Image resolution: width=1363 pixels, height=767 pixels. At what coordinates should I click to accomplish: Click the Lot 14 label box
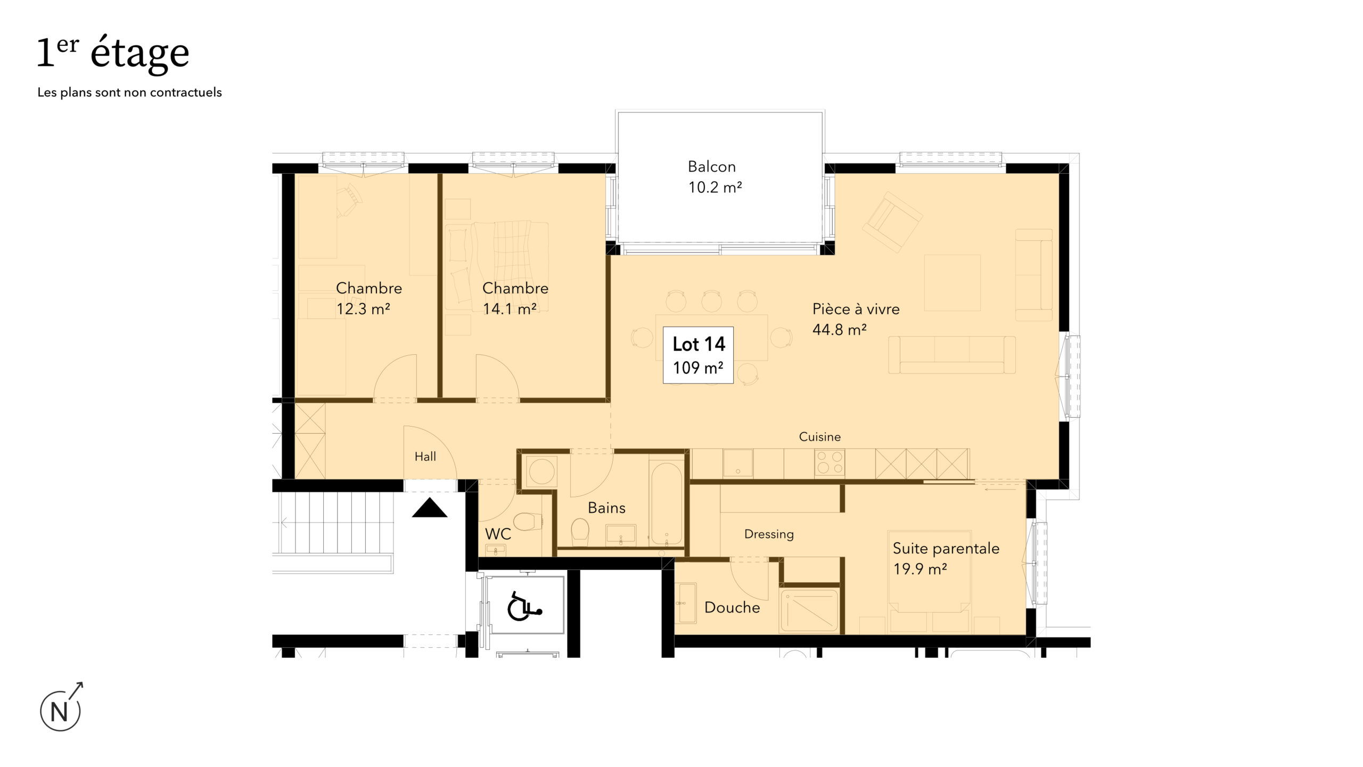point(698,355)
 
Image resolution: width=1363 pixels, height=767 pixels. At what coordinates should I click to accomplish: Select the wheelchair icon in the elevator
point(524,606)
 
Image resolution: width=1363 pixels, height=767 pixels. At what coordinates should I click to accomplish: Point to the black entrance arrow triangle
point(430,508)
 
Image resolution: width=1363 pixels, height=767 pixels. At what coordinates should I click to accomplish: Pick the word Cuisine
point(820,437)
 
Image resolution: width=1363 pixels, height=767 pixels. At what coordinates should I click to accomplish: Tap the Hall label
point(425,456)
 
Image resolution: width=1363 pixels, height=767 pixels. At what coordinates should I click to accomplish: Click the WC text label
point(498,534)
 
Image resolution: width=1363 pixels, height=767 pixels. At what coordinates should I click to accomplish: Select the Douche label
point(732,607)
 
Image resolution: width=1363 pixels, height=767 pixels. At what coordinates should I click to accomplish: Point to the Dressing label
point(769,534)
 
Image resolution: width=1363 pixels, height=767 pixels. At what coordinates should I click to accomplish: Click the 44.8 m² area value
point(839,330)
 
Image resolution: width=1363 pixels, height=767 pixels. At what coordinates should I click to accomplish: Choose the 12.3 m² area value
point(363,309)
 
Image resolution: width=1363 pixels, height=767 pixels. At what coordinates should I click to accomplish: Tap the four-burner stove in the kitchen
point(830,462)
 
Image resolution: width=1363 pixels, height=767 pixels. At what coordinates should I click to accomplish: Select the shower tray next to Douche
point(809,610)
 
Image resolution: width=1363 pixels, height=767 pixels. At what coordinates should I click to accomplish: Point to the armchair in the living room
point(892,222)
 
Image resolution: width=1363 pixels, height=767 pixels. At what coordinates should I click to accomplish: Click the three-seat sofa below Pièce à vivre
point(951,355)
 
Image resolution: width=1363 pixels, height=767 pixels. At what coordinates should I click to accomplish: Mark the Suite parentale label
point(946,549)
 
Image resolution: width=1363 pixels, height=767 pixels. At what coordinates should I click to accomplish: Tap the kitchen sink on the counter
point(737,462)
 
